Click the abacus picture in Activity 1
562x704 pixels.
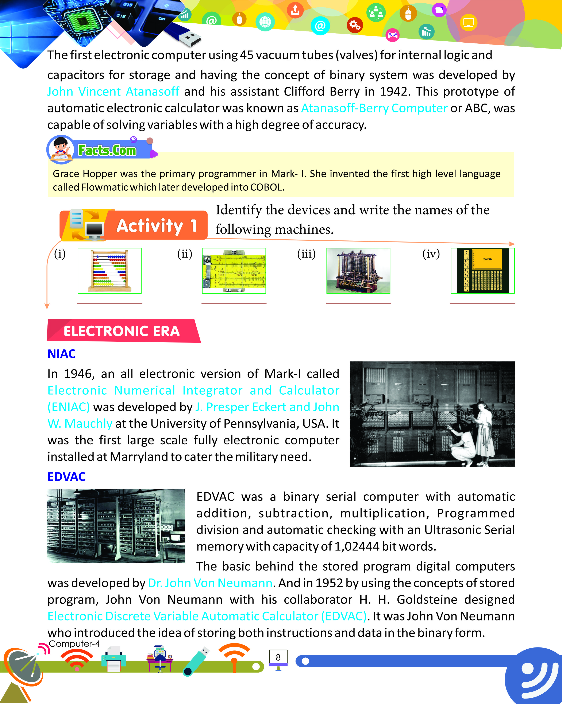109,270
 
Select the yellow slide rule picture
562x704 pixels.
234,270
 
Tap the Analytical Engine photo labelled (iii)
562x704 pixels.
358,270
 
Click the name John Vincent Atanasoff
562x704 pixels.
113,92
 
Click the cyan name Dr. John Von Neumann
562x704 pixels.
210,583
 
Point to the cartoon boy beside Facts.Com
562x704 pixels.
61,148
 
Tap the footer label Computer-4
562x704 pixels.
74,644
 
